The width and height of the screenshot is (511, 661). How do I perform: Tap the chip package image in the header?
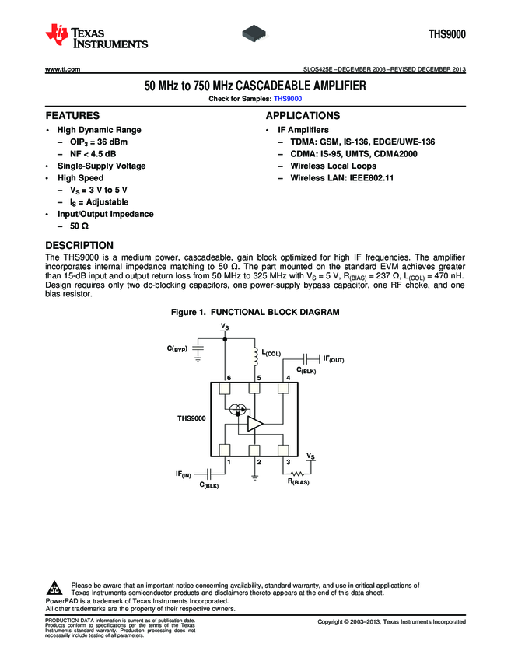coord(256,33)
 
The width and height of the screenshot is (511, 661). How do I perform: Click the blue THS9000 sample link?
coord(288,99)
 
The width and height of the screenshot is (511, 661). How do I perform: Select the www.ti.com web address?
coord(63,71)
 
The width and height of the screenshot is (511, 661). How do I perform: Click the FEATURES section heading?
coord(72,115)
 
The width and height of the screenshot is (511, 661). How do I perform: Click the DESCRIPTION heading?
coord(79,245)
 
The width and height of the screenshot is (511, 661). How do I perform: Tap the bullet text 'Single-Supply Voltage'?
coord(101,166)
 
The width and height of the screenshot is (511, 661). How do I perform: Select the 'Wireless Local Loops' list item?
coord(333,166)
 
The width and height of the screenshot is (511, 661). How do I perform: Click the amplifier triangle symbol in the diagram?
coord(255,423)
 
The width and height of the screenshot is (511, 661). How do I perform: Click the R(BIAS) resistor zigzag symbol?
coord(298,474)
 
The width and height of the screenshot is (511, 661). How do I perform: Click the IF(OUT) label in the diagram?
coord(333,359)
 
